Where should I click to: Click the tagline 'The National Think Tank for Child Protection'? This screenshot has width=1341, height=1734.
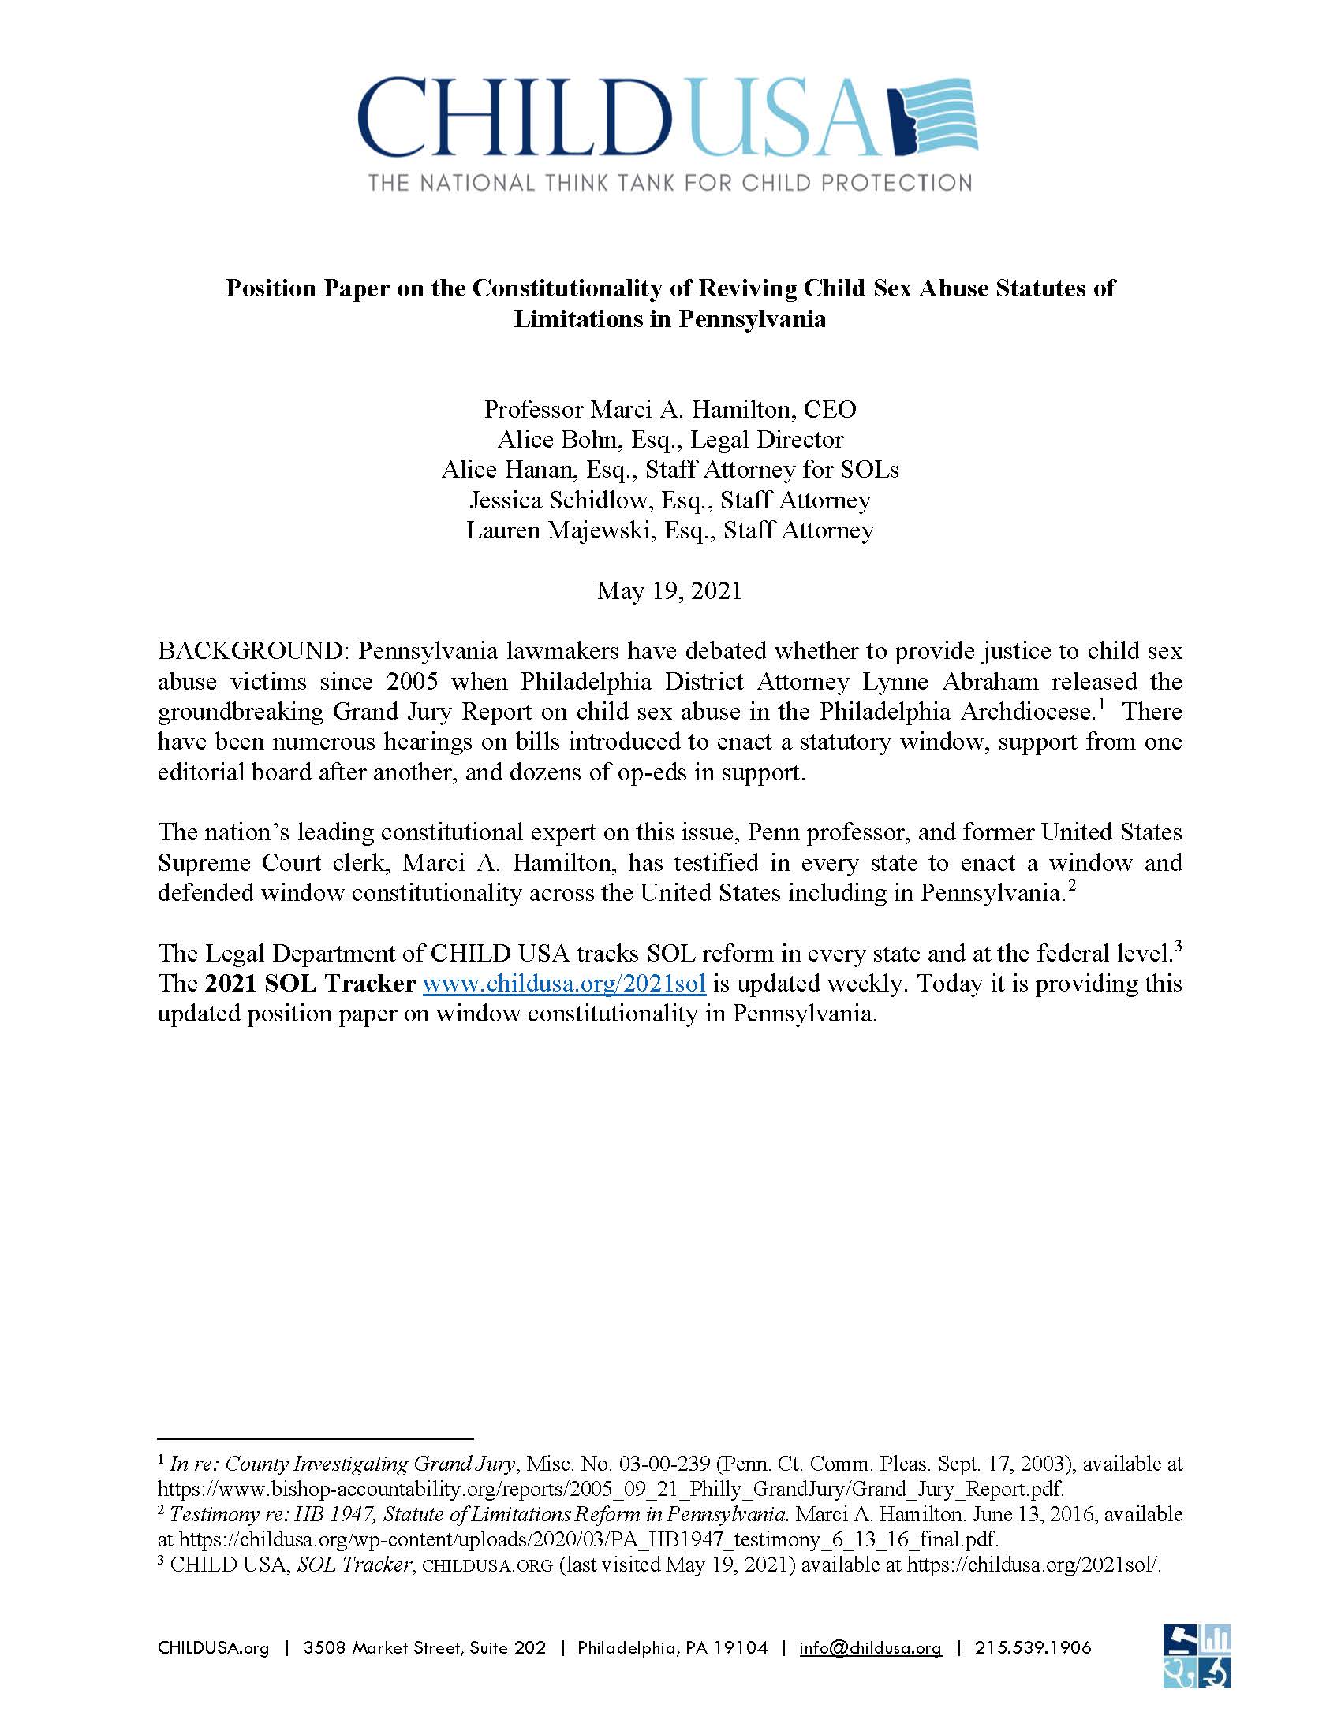[x=670, y=183]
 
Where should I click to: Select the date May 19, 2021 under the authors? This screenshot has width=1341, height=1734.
[x=670, y=590]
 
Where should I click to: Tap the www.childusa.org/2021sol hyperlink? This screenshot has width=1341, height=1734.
[x=564, y=984]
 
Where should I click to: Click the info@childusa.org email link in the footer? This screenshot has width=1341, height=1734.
[x=871, y=1647]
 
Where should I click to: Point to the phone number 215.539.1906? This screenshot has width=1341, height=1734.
[x=1033, y=1647]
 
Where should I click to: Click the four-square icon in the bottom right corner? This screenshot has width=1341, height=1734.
[x=1197, y=1655]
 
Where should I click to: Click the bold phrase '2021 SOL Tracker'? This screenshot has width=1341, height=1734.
[x=310, y=984]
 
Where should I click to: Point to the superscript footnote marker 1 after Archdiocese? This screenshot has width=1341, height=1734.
[x=1102, y=703]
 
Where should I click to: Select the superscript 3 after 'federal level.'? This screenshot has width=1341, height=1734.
[x=1179, y=946]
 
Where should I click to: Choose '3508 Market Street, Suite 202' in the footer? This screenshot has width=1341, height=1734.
[x=425, y=1647]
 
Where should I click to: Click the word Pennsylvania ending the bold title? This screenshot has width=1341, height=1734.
[x=751, y=319]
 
